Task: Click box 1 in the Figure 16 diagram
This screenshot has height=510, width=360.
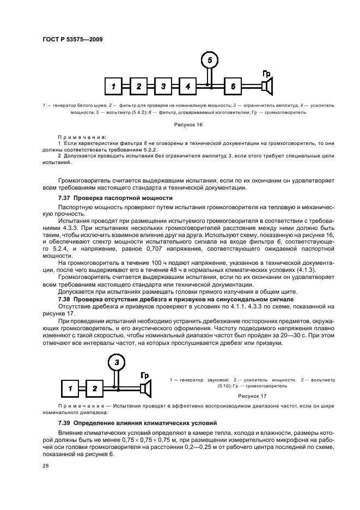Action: click(x=114, y=86)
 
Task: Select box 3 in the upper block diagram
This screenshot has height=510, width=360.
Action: click(x=163, y=86)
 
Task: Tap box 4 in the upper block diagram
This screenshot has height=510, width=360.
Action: click(x=187, y=86)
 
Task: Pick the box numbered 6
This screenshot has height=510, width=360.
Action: click(x=233, y=86)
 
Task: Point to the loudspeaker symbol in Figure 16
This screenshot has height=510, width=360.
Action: click(x=267, y=86)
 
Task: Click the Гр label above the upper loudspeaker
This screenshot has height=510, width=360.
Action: click(x=266, y=74)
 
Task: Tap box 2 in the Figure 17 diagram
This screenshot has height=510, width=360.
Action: click(x=94, y=388)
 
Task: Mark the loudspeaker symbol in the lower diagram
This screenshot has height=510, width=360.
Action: click(x=145, y=388)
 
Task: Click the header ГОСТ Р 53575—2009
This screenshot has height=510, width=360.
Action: click(x=72, y=39)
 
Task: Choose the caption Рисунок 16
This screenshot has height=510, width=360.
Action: click(x=188, y=125)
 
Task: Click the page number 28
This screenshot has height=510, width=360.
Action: click(x=45, y=466)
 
